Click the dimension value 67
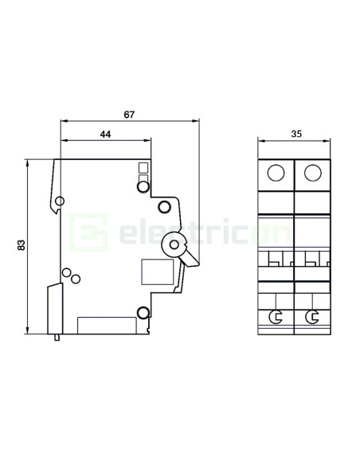tap(129, 115)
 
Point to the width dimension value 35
tap(295, 134)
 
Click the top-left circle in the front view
tap(276, 173)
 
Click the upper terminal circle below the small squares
tap(143, 188)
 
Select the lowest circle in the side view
tap(143, 312)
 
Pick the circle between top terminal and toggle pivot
tap(165, 208)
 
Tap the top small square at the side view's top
tap(143, 167)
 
